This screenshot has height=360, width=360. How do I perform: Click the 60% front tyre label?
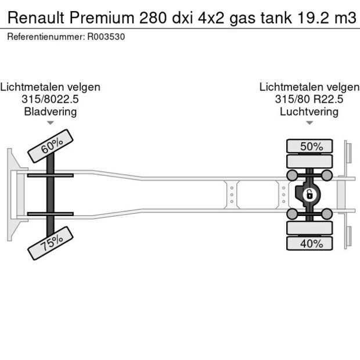point(51,145)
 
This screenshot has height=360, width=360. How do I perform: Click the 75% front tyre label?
point(51,243)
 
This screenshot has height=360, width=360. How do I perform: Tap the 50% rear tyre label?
point(311,146)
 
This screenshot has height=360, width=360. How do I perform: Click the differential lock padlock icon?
point(310,194)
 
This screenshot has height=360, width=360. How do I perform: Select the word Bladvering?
point(50,111)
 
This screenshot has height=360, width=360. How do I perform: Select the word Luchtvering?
point(309,111)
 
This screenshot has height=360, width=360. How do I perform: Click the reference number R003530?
point(106,37)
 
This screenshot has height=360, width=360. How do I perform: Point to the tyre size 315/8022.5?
point(50,99)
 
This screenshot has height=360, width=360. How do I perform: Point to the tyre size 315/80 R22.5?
point(309,99)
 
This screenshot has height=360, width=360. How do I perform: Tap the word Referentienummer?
point(45,37)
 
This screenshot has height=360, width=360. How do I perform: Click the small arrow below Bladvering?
point(51,123)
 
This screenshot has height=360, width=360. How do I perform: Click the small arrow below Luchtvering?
point(309,123)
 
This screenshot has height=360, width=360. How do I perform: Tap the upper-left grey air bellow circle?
point(293,175)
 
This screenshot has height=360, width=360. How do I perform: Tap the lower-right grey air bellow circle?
point(327,214)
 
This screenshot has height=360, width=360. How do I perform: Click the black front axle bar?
point(51,195)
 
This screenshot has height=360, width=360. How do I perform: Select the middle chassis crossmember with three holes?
point(232,195)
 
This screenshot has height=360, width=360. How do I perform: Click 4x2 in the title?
point(210,17)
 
